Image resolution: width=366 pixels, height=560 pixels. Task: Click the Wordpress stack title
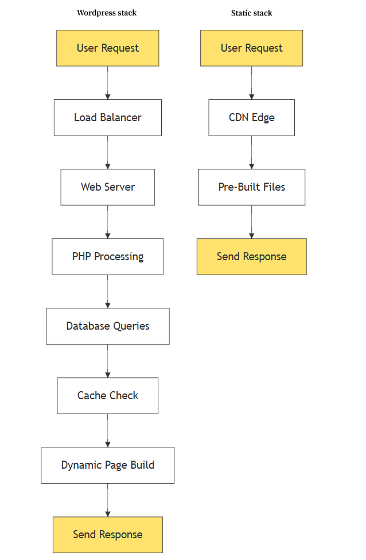[x=107, y=13]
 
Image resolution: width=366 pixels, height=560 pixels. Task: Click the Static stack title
[x=251, y=13]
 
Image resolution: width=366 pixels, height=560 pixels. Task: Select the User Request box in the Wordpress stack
[x=108, y=48]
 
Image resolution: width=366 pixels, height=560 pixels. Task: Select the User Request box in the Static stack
[x=251, y=48]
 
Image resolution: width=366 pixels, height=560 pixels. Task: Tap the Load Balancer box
[x=108, y=118]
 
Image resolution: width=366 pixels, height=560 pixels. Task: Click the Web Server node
[x=108, y=187]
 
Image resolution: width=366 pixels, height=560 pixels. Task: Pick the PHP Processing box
[x=108, y=257]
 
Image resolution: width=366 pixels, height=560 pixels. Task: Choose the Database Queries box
[x=108, y=326]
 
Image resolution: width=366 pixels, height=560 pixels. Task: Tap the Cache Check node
[x=108, y=396]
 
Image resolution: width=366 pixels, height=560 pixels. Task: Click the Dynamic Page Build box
[x=108, y=465]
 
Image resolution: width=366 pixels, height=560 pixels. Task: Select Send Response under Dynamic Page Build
[x=108, y=535]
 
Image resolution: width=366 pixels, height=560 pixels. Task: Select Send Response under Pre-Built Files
[x=251, y=257]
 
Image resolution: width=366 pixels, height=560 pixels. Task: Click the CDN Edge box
[x=251, y=118]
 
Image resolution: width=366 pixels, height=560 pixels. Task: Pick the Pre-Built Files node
[x=251, y=187]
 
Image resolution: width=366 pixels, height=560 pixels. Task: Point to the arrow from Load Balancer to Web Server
[x=108, y=152]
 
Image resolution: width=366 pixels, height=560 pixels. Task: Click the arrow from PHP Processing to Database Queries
[x=108, y=291]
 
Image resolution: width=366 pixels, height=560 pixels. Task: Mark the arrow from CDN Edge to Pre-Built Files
[x=251, y=152]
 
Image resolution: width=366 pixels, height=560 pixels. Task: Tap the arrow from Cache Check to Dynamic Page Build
[x=108, y=430]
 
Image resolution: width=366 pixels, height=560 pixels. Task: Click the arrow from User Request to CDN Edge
[x=251, y=83]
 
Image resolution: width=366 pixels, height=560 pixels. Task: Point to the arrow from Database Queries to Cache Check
[x=108, y=361]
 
